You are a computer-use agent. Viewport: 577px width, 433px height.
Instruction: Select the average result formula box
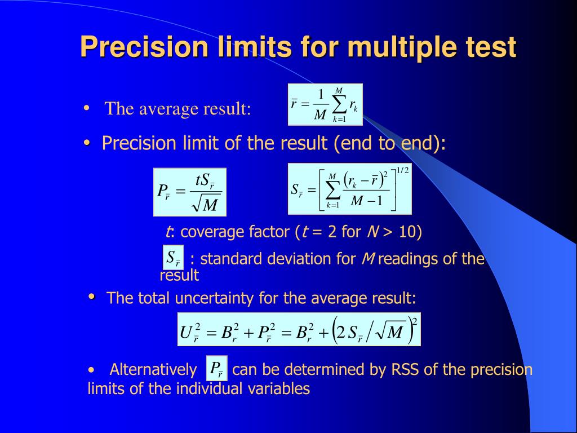click(x=325, y=104)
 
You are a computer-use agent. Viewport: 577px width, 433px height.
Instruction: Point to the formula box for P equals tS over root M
click(x=190, y=192)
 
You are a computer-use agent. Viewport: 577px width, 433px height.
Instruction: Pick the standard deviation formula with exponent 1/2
click(x=349, y=189)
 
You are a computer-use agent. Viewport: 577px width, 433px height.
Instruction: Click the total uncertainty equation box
click(x=299, y=329)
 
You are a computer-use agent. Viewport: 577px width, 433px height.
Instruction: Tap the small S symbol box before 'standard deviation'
click(x=173, y=258)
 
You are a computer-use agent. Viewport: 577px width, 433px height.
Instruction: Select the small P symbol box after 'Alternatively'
click(x=217, y=368)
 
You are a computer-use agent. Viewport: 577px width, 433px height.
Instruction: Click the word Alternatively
click(x=153, y=370)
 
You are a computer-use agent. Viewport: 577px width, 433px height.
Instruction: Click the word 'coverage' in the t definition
click(x=208, y=232)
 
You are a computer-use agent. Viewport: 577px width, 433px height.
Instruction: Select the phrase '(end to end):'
click(x=390, y=144)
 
